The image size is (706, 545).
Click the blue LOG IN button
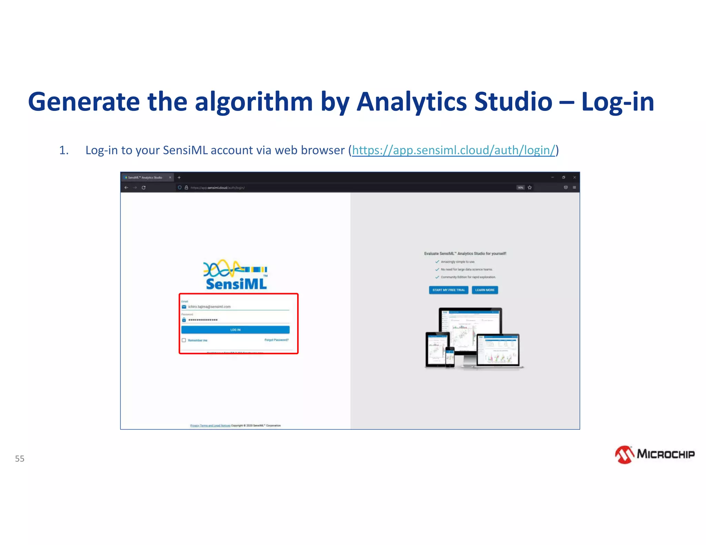pyautogui.click(x=235, y=330)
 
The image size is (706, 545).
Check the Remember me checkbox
pyautogui.click(x=184, y=340)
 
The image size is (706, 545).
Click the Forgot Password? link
pyautogui.click(x=276, y=340)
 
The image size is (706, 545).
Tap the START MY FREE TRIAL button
pyautogui.click(x=448, y=290)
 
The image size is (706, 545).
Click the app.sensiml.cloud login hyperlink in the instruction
pyautogui.click(x=454, y=150)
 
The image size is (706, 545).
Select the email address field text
pyautogui.click(x=209, y=307)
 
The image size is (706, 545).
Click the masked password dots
pyautogui.click(x=203, y=320)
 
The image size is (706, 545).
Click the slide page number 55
pyautogui.click(x=20, y=459)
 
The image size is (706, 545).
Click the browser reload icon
pyautogui.click(x=143, y=188)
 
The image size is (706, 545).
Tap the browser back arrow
pyautogui.click(x=126, y=188)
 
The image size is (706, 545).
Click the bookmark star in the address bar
pyautogui.click(x=529, y=188)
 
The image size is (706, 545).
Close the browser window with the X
pyautogui.click(x=574, y=177)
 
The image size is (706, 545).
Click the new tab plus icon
pyautogui.click(x=179, y=177)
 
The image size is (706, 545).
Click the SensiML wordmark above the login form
pyautogui.click(x=236, y=284)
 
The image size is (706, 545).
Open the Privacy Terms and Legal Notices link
pyautogui.click(x=210, y=425)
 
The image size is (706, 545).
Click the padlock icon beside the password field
pyautogui.click(x=184, y=320)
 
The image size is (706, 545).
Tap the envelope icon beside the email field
pyautogui.click(x=184, y=307)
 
